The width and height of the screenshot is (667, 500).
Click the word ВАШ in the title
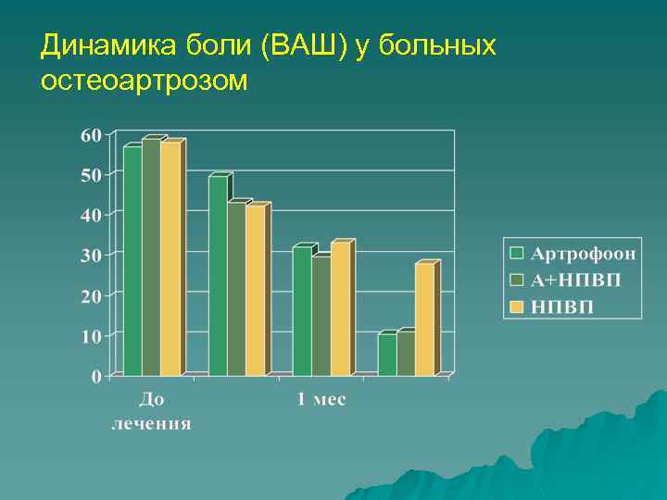click(x=307, y=46)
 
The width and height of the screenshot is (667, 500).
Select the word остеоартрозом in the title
click(x=145, y=81)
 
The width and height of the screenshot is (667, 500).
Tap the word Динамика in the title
click(x=101, y=46)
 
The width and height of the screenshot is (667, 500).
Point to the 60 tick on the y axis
click(x=91, y=134)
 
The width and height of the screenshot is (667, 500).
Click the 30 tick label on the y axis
click(x=91, y=256)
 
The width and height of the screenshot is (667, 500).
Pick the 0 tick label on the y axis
click(x=96, y=376)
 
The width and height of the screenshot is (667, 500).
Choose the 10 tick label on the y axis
click(x=91, y=336)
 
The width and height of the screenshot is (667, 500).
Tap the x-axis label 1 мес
click(x=321, y=400)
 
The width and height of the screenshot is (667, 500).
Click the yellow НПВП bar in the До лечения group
click(x=170, y=259)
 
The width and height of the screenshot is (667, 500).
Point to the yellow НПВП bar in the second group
click(x=255, y=291)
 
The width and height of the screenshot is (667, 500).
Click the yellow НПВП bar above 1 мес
click(x=340, y=309)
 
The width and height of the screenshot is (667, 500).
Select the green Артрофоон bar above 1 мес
click(x=302, y=311)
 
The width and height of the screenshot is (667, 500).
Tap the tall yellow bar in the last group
click(x=424, y=319)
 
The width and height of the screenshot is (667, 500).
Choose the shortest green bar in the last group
click(x=386, y=355)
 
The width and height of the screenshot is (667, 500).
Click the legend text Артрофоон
click(x=583, y=253)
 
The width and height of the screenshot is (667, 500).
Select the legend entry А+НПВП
click(x=575, y=280)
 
